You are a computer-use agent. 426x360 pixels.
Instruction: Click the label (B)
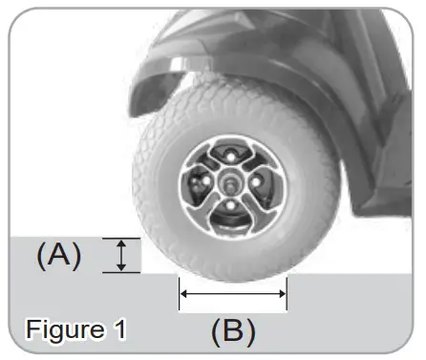233,331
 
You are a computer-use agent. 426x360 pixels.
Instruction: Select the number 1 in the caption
118,330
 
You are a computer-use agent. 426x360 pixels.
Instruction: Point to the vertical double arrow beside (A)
121,255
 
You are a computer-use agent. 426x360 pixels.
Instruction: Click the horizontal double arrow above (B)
233,294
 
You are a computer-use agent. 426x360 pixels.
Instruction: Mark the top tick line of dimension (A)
121,239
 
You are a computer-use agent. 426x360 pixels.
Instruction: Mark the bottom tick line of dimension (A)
121,272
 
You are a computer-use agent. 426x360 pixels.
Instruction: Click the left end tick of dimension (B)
180,294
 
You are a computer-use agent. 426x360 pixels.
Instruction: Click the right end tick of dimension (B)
287,294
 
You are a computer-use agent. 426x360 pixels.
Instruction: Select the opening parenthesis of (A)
43,255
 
